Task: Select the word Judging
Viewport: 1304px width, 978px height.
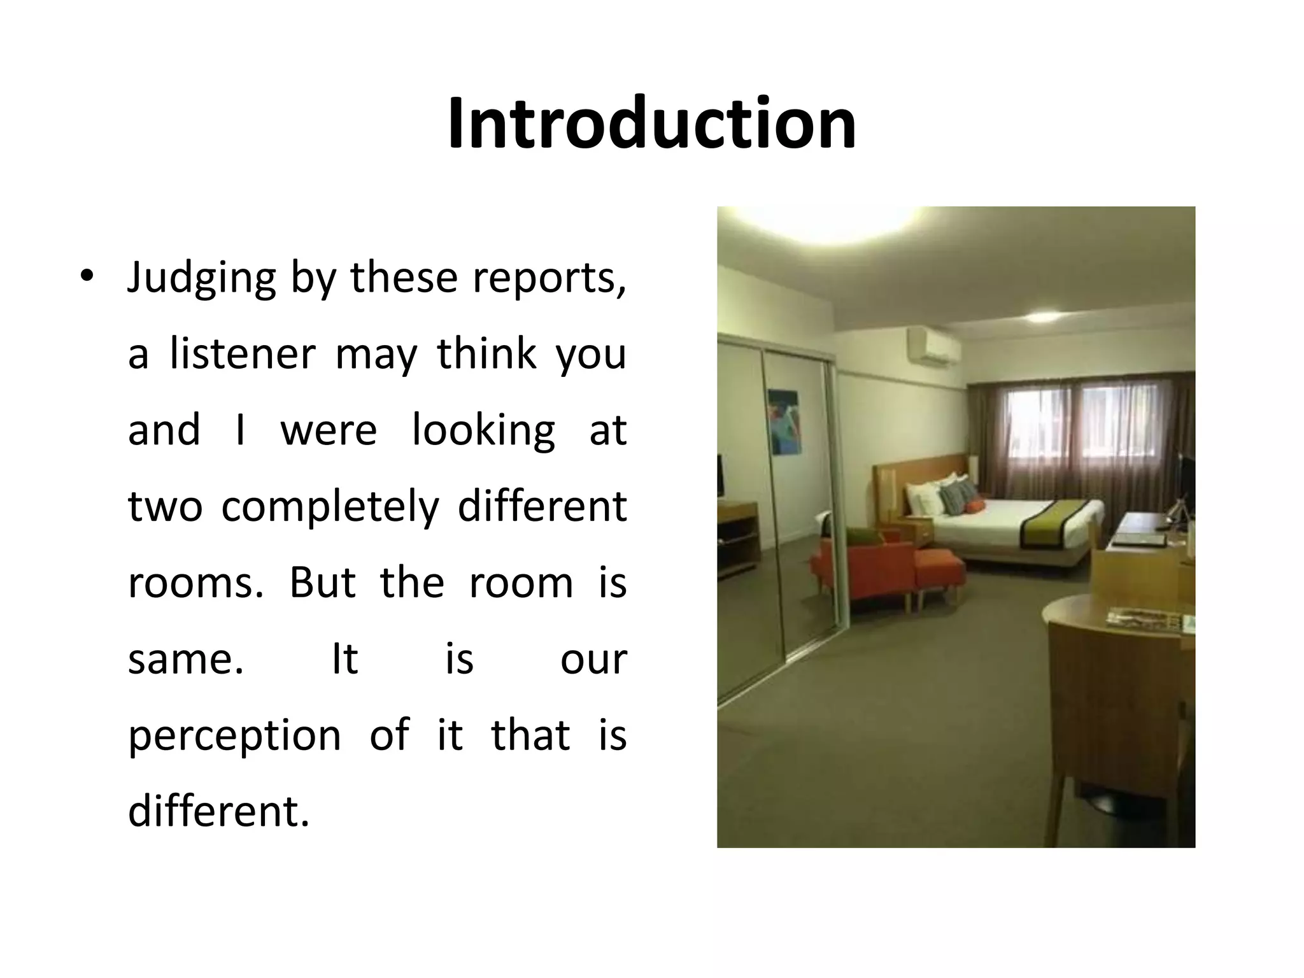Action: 202,278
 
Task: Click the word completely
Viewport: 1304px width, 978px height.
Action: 330,506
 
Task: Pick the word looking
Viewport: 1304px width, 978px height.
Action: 483,431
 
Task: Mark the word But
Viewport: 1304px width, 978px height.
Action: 322,582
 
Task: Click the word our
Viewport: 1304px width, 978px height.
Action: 593,660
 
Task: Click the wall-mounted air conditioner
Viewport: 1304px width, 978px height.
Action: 933,348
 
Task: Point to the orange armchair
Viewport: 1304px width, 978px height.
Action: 861,570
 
